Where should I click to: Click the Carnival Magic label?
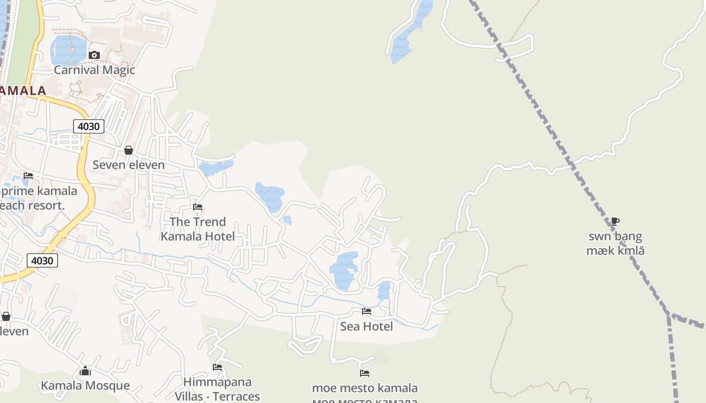click(94, 70)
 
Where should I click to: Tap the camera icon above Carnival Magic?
click(94, 55)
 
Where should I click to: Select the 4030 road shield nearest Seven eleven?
click(88, 126)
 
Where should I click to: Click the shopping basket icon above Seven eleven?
click(129, 150)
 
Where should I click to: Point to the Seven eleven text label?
click(129, 165)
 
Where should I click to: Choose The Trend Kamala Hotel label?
click(198, 229)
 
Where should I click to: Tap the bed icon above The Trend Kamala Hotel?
click(198, 207)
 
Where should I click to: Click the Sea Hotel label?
click(367, 326)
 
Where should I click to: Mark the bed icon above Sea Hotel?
click(367, 311)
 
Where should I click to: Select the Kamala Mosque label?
click(85, 386)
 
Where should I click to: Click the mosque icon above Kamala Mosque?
click(85, 372)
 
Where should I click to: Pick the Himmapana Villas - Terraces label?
click(217, 389)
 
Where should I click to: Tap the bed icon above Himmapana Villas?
click(217, 367)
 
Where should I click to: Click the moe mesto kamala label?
click(365, 388)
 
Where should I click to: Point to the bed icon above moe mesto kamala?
click(365, 373)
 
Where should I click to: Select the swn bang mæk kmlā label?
click(615, 243)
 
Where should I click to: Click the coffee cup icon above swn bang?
click(615, 221)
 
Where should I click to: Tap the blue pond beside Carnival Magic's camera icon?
click(68, 49)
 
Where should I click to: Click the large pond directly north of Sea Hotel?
click(344, 271)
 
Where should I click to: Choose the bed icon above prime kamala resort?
click(28, 176)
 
